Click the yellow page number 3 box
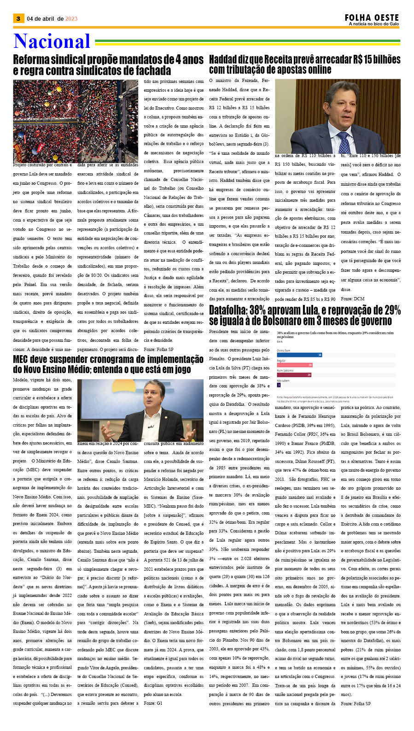[18, 18]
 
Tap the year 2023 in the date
[71, 19]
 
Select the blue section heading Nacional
[52, 41]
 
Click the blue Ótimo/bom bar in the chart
[299, 354]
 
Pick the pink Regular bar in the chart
[295, 365]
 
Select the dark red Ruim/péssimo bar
[294, 375]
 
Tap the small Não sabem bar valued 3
[279, 385]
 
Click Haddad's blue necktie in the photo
[343, 142]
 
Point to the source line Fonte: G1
[153, 703]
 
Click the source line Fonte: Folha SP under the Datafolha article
[356, 703]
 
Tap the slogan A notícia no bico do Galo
[373, 24]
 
